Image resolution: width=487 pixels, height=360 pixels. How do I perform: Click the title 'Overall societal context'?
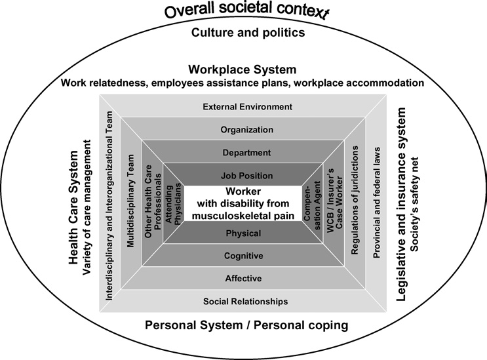click(246, 10)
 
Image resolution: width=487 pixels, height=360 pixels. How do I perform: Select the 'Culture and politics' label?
click(248, 32)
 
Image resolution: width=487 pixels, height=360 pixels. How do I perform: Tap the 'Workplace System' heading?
click(243, 70)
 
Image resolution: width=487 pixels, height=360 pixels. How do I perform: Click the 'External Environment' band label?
click(248, 107)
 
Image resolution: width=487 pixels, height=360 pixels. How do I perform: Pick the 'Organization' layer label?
click(247, 130)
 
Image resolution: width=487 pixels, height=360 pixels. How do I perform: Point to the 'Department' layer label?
click(246, 153)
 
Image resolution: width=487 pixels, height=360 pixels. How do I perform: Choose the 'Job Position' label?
click(247, 176)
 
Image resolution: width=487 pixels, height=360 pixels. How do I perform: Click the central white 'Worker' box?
click(243, 203)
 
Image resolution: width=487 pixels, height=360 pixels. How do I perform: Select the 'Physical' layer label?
click(244, 233)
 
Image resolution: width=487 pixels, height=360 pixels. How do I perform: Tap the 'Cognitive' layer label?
click(244, 256)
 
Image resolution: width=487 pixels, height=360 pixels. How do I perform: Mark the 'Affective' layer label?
click(244, 278)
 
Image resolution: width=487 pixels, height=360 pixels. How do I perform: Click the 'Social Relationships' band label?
click(245, 301)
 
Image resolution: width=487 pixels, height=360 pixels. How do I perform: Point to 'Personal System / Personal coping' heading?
click(246, 325)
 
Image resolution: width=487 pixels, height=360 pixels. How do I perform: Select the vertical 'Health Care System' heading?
click(73, 207)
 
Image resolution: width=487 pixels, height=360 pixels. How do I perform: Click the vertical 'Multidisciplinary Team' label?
click(130, 201)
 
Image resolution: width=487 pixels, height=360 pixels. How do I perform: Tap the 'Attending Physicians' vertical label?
click(173, 203)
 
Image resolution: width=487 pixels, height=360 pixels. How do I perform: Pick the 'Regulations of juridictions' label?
click(355, 200)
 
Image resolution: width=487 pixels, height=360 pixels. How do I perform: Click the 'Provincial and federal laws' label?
click(376, 203)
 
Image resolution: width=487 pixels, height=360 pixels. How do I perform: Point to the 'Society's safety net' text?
click(415, 204)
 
